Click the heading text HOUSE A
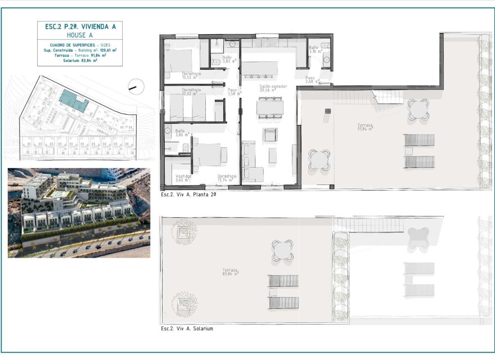79,35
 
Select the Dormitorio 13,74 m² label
227,178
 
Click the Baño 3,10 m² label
314,50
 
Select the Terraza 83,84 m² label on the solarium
230,272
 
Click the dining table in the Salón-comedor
270,107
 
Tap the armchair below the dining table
270,134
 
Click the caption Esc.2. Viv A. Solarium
187,328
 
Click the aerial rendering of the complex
79,213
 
